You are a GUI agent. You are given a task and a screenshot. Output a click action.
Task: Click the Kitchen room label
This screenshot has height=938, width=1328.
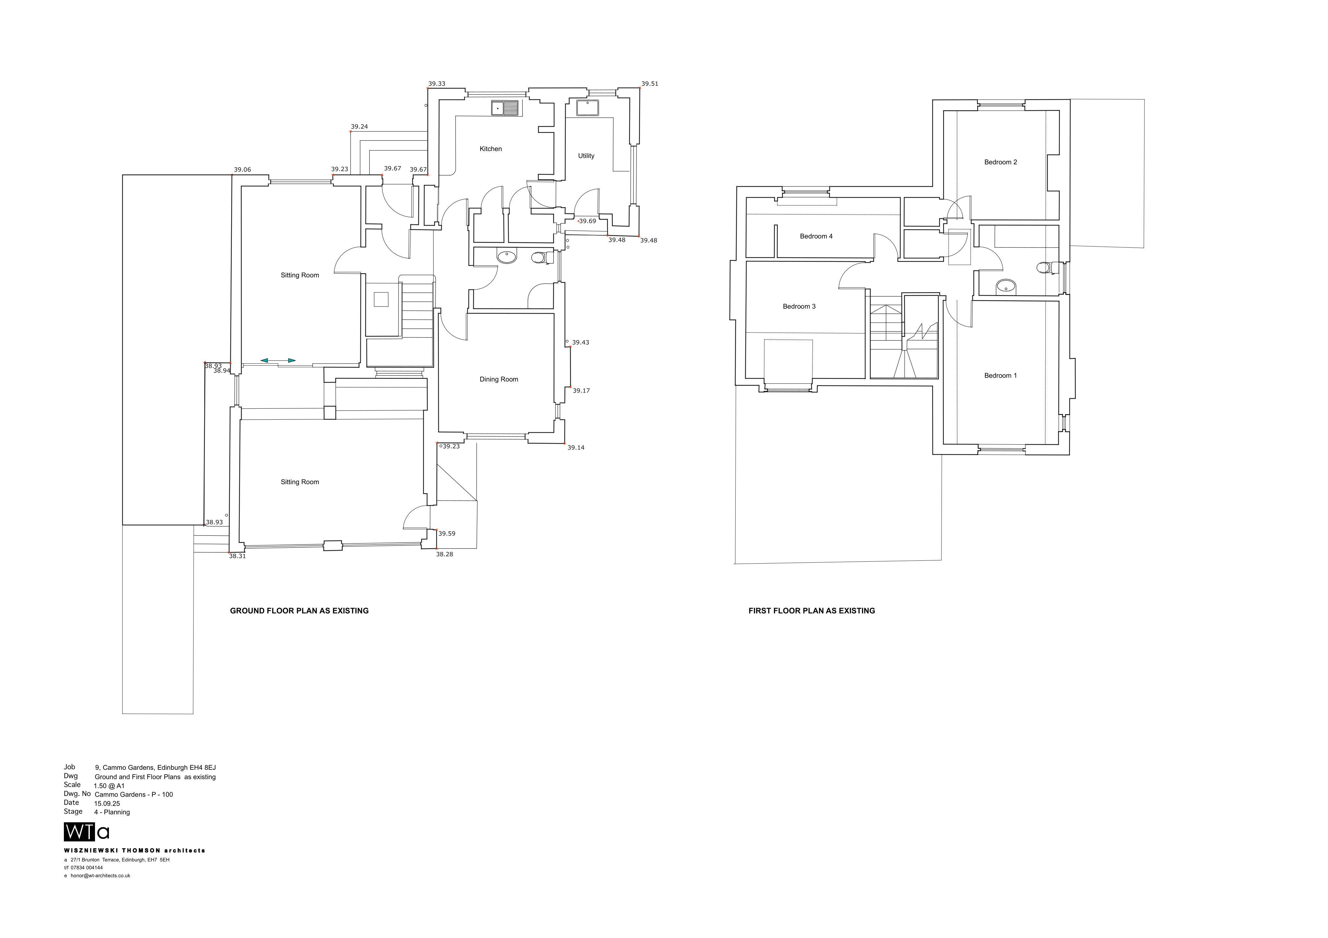point(491,149)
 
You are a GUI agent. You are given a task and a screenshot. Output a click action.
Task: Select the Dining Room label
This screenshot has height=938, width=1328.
point(499,379)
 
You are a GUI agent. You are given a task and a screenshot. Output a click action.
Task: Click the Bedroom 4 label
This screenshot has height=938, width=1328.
point(816,236)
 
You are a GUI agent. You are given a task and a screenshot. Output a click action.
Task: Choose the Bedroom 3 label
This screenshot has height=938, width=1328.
point(799,307)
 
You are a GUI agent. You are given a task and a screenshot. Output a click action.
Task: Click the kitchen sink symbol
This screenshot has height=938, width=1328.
point(505,108)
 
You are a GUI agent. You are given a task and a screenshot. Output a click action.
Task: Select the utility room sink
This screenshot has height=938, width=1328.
point(587,108)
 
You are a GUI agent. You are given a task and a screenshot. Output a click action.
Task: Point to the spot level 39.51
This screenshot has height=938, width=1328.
point(649,84)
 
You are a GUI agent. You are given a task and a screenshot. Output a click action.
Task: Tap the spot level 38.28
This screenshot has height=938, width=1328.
point(444,554)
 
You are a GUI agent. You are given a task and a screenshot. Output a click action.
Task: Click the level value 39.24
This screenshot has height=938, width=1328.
point(359,127)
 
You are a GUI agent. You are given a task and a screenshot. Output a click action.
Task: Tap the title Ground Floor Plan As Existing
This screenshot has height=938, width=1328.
point(299,611)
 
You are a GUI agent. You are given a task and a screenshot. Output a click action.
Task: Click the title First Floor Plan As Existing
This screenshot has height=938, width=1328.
point(812,611)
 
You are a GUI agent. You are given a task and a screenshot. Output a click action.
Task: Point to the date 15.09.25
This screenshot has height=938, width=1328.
point(107,803)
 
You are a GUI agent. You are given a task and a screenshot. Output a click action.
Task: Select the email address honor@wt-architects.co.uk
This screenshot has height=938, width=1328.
point(100,875)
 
